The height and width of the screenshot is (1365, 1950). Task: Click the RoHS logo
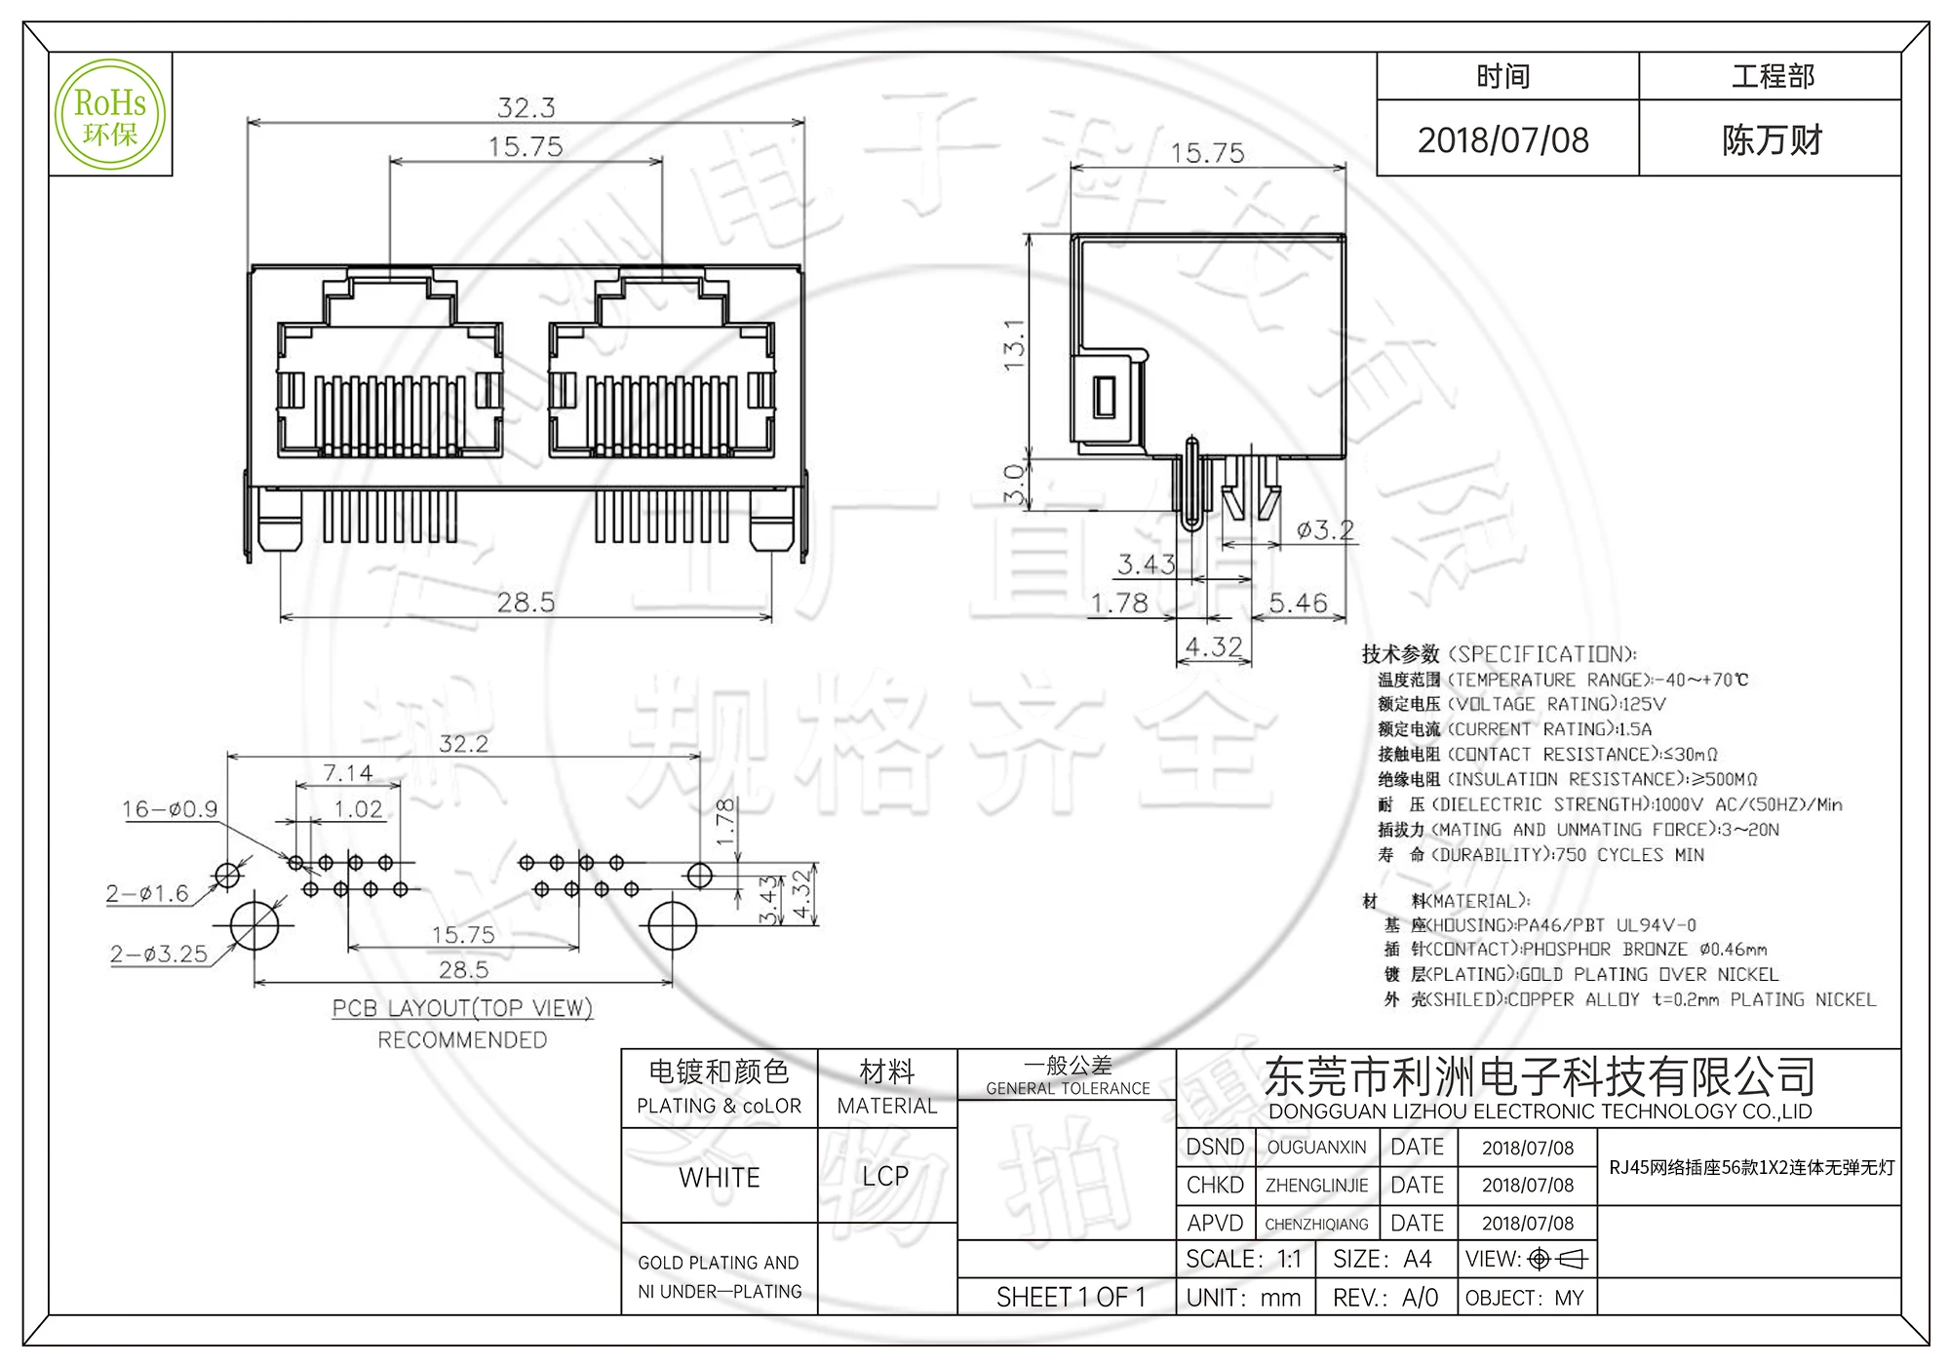110,115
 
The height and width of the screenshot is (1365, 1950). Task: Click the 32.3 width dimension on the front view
526,107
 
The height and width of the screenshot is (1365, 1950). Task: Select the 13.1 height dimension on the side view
1014,344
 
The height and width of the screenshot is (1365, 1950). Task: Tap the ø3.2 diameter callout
1325,530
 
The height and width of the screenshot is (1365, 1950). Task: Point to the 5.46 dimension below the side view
1298,603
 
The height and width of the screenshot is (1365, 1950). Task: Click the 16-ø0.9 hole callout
170,809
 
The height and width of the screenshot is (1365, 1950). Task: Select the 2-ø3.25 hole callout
159,954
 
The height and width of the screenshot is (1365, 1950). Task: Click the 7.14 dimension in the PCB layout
348,773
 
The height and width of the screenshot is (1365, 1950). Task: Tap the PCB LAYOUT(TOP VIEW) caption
462,1008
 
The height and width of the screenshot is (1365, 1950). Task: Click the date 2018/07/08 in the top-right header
1502,140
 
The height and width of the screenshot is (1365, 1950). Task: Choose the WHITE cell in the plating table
720,1177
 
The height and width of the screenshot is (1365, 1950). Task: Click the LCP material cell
885,1176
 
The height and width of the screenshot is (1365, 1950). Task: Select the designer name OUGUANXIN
1316,1148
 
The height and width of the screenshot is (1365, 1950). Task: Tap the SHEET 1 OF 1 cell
1071,1298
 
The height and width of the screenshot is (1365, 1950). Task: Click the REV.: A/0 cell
1385,1298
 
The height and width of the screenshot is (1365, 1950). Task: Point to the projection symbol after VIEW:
1558,1260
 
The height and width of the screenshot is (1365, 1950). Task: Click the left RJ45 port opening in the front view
390,390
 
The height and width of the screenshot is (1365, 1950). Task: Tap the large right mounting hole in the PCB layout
673,925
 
